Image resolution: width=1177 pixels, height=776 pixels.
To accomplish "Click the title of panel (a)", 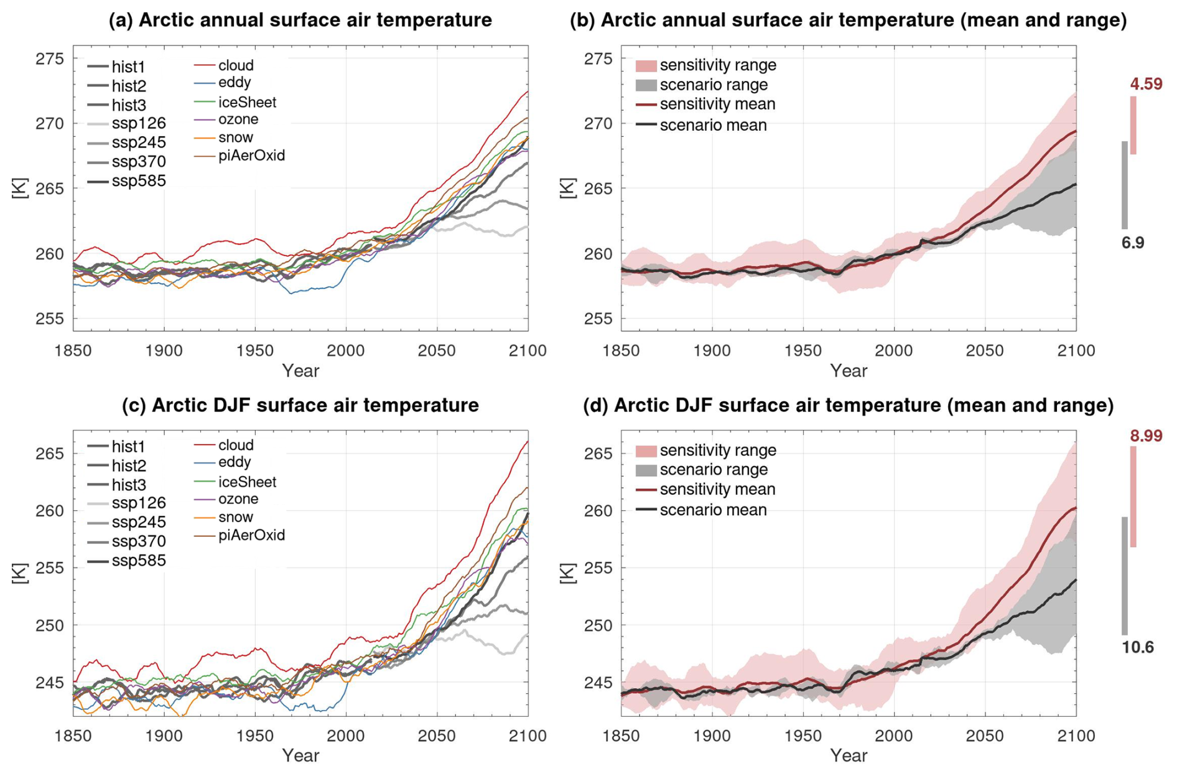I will point(300,20).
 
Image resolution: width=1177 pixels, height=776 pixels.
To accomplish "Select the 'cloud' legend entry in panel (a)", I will point(236,65).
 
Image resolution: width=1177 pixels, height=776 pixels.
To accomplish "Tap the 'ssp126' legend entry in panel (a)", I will point(138,123).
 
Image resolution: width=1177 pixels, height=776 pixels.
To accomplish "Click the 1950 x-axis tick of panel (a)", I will point(255,351).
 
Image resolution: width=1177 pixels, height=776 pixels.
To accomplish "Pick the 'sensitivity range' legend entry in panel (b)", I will point(717,65).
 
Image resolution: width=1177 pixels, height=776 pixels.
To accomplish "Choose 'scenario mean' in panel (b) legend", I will point(713,125).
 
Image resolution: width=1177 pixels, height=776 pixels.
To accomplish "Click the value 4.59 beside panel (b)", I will point(1146,84).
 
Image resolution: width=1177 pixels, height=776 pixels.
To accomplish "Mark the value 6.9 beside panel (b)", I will point(1133,243).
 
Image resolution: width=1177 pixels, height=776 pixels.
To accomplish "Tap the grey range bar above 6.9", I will point(1125,185).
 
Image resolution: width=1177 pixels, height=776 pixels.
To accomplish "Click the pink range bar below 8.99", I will point(1133,497).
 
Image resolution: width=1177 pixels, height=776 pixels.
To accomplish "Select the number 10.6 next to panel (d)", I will point(1138,647).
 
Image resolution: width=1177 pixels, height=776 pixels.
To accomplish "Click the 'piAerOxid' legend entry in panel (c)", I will point(251,535).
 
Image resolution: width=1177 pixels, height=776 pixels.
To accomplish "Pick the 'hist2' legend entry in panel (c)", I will point(129,465).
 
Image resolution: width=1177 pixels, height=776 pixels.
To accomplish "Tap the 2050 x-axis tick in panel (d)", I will point(985,736).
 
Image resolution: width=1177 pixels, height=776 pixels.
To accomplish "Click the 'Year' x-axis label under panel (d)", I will point(849,755).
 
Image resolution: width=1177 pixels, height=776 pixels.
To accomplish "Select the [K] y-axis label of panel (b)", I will point(567,188).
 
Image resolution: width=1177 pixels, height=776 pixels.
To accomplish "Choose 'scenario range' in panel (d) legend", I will point(714,470).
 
